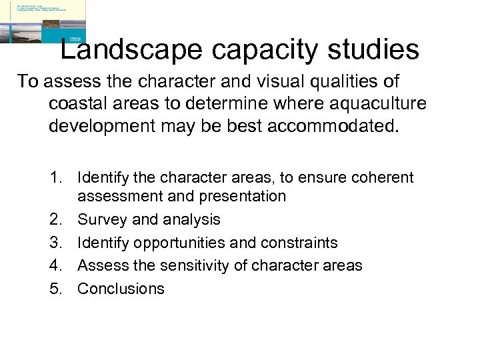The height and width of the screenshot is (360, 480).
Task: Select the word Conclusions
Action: (x=121, y=289)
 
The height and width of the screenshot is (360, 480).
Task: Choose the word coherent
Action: (x=383, y=178)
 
